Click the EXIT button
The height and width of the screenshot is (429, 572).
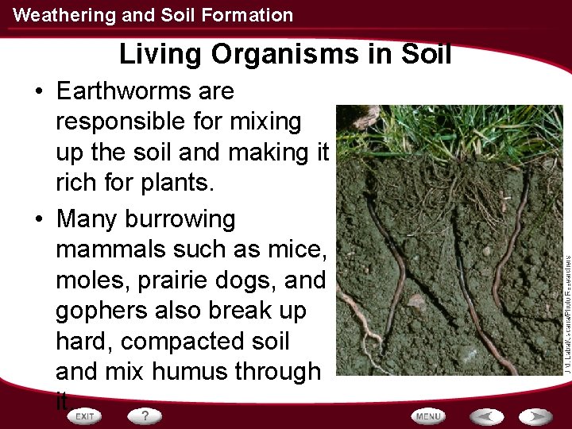pos(83,415)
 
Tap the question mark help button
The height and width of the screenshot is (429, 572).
pos(145,415)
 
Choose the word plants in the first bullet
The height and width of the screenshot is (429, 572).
pos(176,182)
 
